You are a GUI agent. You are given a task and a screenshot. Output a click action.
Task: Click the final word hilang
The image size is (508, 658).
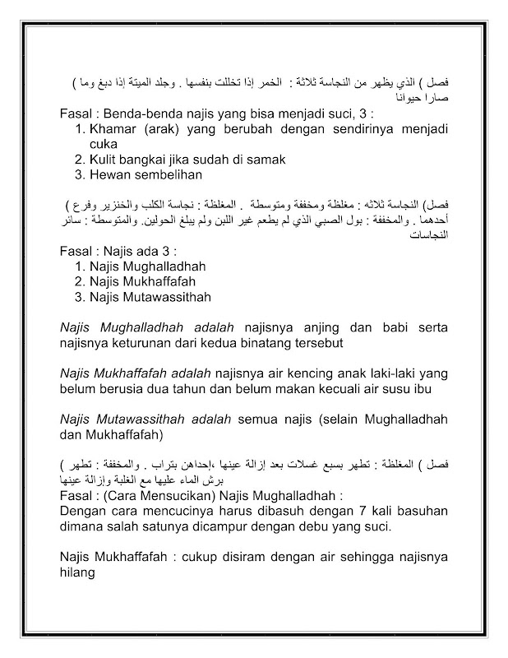(x=79, y=576)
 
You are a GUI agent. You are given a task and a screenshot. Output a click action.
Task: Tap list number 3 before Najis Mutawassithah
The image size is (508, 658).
(x=80, y=295)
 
